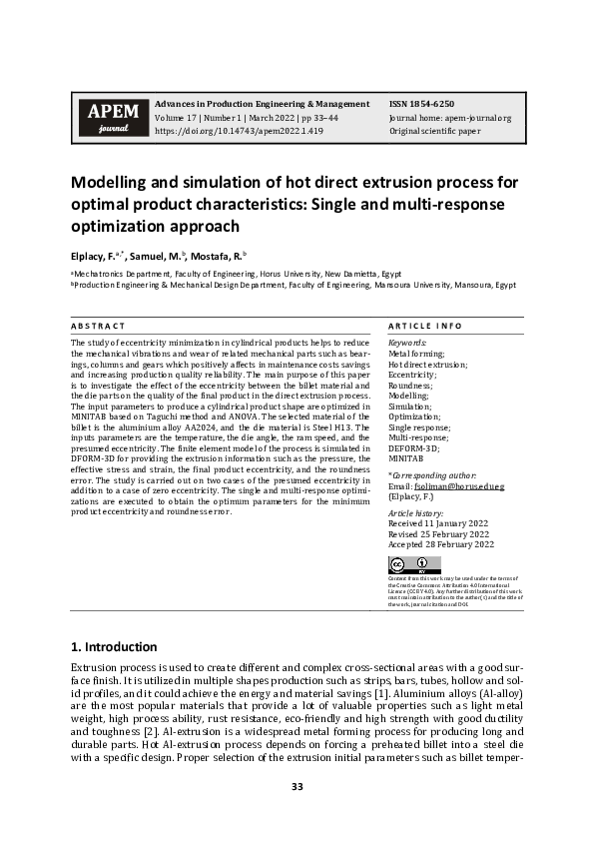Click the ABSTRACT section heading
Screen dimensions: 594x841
coord(98,327)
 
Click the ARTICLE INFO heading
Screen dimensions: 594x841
coord(424,327)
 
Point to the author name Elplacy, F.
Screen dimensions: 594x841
coord(93,255)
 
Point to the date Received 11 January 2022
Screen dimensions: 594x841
coord(439,522)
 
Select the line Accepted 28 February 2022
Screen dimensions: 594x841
coord(440,544)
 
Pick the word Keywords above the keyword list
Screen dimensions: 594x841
coord(407,343)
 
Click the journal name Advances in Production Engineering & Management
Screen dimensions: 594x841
coord(262,104)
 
